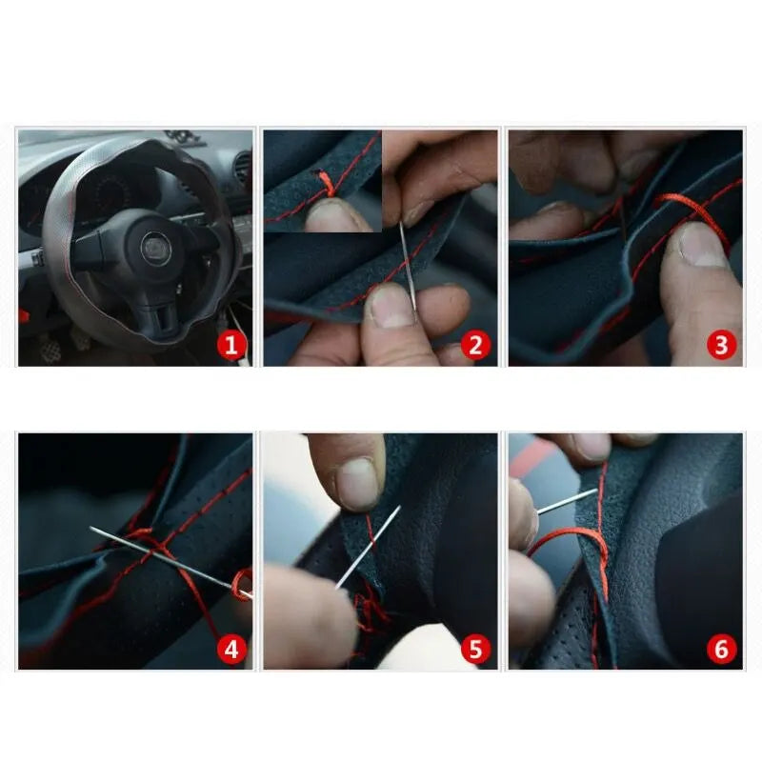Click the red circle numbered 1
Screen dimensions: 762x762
point(232,345)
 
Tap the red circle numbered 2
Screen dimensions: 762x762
point(476,345)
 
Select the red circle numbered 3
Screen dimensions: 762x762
point(721,345)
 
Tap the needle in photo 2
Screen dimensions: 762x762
point(408,267)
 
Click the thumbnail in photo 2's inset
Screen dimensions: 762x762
point(338,215)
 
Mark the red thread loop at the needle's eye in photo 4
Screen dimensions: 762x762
point(242,583)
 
